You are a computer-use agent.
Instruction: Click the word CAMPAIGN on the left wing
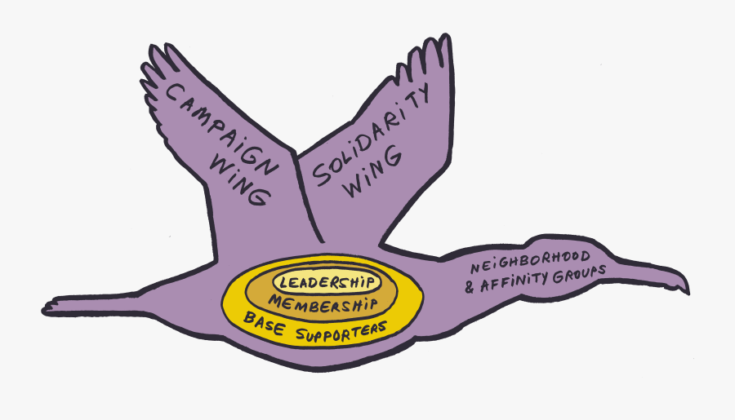220,128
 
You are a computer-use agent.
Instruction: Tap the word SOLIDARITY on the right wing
370,135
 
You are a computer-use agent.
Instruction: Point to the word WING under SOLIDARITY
372,171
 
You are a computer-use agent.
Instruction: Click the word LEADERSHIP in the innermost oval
327,282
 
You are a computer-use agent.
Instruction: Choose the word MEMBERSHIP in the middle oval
323,304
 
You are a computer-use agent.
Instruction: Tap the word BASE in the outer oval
264,323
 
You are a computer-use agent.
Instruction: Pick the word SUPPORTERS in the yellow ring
341,331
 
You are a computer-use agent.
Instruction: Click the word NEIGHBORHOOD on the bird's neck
530,263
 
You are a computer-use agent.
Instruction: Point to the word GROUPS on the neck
579,275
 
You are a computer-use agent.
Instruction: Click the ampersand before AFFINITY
470,287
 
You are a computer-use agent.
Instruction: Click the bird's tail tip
45,309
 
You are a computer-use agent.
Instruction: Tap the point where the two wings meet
295,153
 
